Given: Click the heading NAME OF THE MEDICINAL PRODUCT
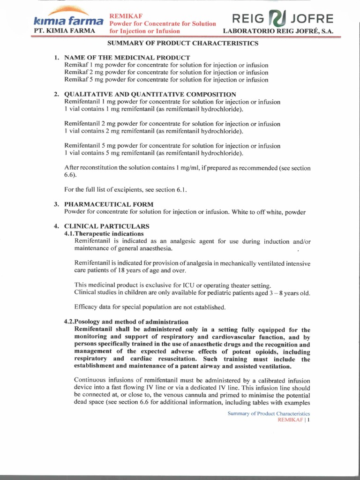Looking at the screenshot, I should [127, 57].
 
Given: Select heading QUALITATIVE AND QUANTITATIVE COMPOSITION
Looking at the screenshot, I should [150, 94].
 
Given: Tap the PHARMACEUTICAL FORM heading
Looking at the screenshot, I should [109, 204].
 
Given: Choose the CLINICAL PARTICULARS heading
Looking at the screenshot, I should [106, 226].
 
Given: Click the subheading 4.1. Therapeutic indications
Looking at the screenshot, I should [104, 233].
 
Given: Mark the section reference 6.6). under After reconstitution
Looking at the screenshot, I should [70, 175].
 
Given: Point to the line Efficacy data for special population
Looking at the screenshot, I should [150, 307].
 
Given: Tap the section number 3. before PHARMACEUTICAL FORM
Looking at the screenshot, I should [56, 204].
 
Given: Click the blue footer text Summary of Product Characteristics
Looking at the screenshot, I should [269, 413].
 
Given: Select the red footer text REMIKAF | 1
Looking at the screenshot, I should [294, 420].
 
